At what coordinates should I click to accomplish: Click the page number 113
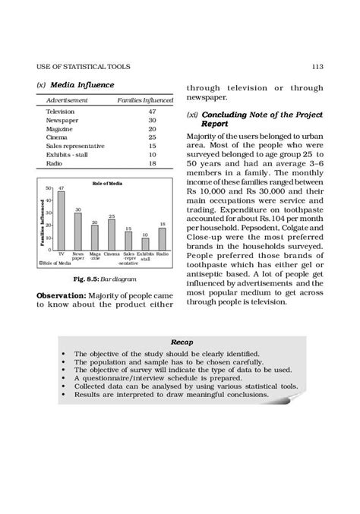[317, 68]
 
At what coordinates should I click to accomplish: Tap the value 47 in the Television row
[152, 111]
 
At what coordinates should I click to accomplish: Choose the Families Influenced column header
[145, 99]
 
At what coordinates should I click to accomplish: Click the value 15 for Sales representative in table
[152, 146]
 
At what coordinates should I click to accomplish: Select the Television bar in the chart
[60, 220]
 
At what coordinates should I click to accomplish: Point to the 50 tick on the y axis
[49, 188]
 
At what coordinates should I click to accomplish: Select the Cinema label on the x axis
[112, 254]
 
